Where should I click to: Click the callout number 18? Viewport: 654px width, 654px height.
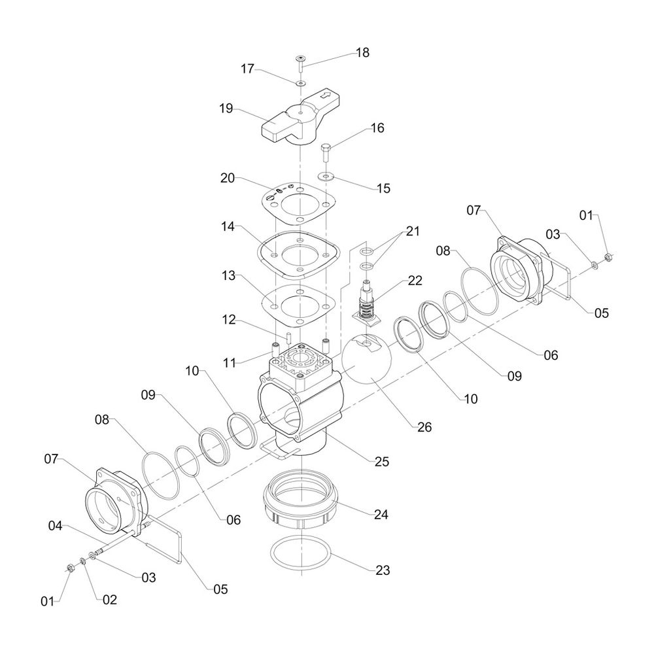point(362,52)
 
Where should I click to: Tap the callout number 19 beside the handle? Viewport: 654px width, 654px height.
point(226,109)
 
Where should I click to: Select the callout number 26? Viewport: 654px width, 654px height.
point(424,427)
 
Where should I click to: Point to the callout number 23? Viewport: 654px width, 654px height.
point(383,570)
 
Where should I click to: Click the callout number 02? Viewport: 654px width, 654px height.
point(110,599)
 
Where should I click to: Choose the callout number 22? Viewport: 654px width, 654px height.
point(415,281)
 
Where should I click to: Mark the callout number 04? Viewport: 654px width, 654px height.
point(55,526)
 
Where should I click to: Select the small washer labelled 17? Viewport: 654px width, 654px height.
point(300,84)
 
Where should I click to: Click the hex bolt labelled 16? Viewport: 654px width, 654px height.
point(326,153)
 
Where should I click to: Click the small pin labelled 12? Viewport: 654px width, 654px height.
point(288,337)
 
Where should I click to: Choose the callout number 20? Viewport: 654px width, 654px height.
point(228,178)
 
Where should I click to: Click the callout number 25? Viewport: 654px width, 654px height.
point(382,461)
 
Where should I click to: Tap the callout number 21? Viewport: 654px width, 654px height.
point(413,231)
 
